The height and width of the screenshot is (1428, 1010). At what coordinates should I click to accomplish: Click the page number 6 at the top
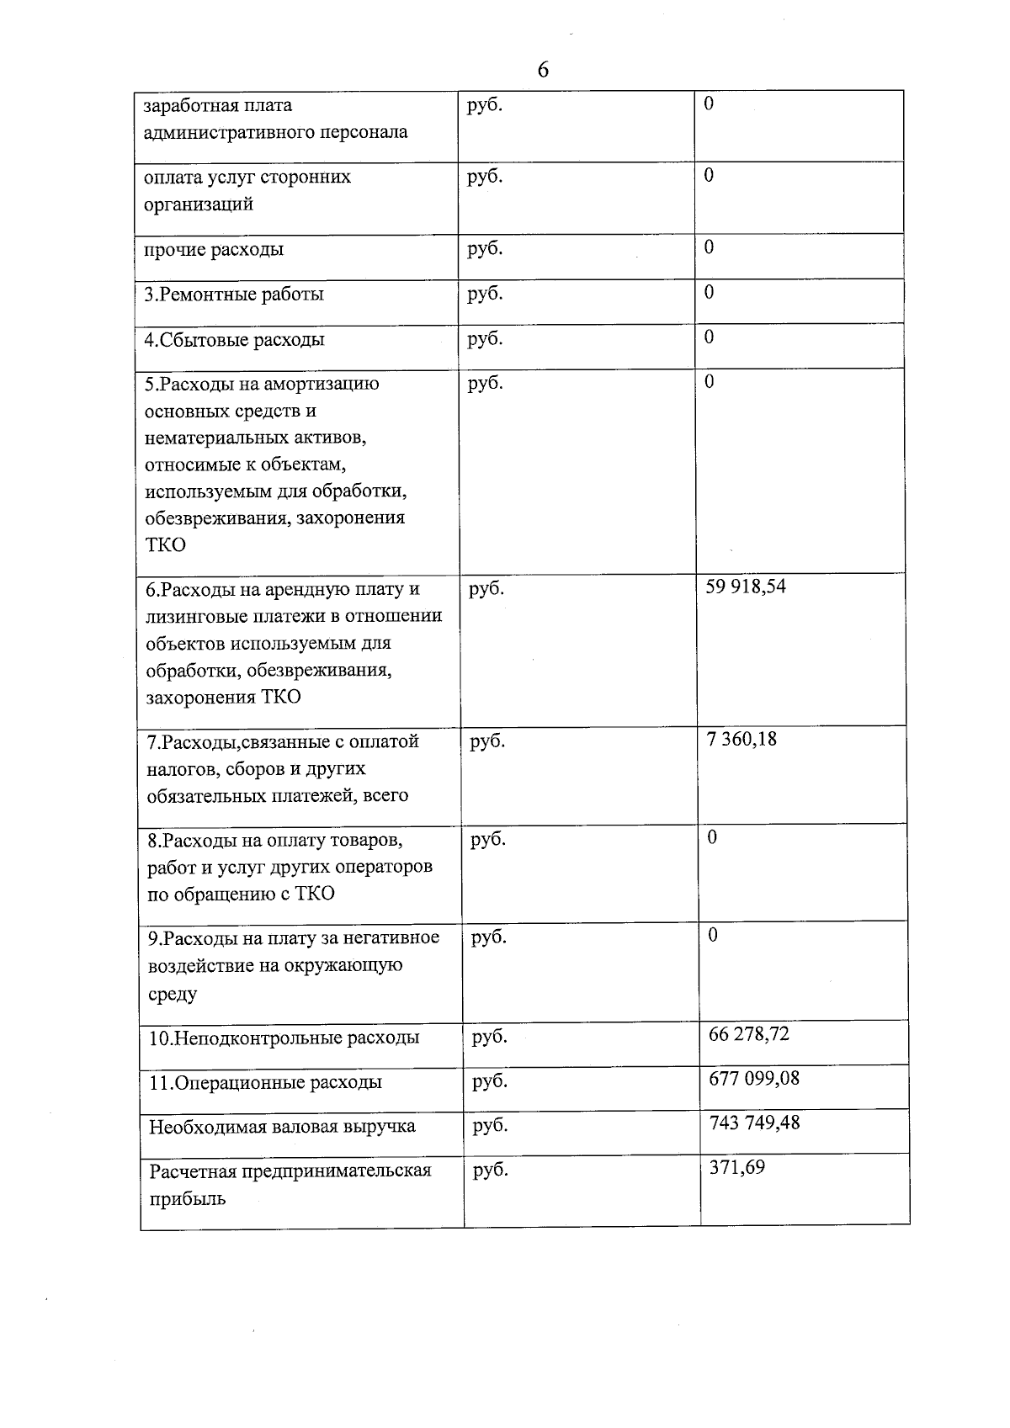[542, 70]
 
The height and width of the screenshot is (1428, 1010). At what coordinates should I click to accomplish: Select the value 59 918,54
[745, 587]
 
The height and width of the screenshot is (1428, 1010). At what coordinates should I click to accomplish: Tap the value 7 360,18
[742, 740]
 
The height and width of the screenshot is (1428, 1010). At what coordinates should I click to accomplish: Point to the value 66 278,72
[749, 1034]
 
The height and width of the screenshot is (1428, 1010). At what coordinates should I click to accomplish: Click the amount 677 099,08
[754, 1078]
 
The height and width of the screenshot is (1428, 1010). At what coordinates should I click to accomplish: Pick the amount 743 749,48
[754, 1123]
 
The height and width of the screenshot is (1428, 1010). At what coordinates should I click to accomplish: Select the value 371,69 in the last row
[736, 1167]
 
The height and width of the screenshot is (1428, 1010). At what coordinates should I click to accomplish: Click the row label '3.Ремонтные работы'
[234, 295]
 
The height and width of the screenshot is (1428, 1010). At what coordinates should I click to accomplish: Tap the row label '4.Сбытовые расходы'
[235, 340]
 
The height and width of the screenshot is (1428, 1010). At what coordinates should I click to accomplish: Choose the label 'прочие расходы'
[214, 249]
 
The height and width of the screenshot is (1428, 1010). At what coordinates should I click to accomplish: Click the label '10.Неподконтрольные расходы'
[284, 1038]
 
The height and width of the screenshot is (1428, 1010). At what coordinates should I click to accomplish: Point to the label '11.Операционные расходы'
[265, 1082]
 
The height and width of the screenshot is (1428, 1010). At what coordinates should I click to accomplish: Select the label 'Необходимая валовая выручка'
[282, 1127]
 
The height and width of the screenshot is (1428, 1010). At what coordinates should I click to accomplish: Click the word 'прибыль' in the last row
[187, 1198]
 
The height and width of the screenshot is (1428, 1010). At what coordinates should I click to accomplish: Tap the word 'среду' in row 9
[173, 994]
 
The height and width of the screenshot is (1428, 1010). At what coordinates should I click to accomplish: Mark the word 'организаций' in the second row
[199, 204]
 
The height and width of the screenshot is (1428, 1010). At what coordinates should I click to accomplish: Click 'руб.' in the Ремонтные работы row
[485, 294]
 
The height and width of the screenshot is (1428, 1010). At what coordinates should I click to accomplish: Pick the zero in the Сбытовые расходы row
[709, 337]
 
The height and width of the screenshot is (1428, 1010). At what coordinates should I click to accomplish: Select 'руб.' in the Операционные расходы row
[490, 1081]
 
